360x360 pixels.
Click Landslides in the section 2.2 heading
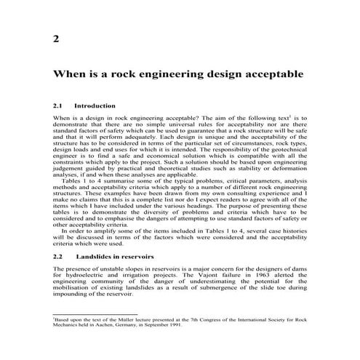tap(106, 257)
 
